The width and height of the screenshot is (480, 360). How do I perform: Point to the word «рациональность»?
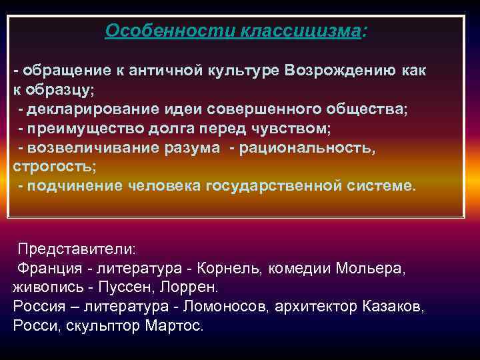coord(313,147)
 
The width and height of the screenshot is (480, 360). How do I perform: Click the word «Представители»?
coord(75,249)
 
